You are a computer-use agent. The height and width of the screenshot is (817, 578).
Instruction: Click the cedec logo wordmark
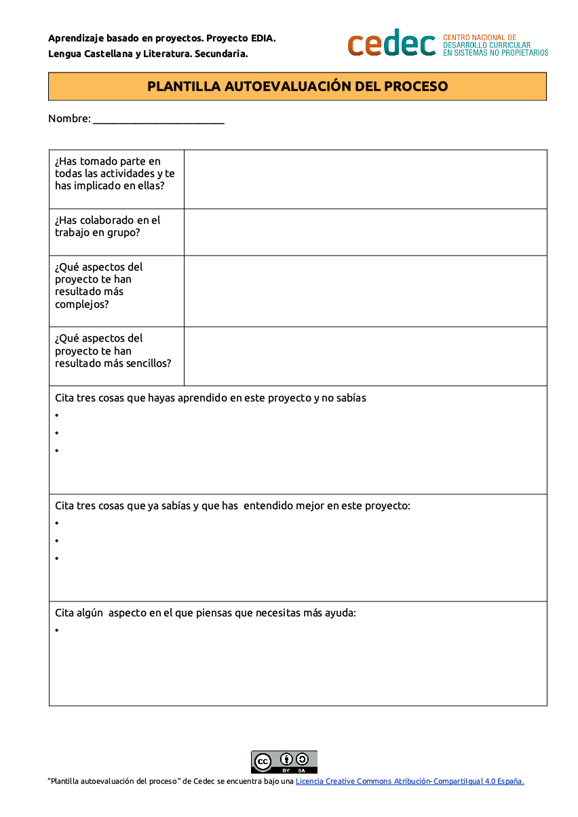[x=391, y=43]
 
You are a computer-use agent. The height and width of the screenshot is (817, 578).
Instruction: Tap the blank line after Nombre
[x=158, y=120]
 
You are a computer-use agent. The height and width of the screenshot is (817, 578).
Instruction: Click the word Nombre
[x=69, y=119]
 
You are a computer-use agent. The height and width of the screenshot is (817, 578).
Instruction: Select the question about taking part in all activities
[x=115, y=174]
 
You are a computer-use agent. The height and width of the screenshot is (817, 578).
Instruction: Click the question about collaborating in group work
[x=107, y=226]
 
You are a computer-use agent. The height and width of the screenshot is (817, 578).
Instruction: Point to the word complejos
[x=81, y=304]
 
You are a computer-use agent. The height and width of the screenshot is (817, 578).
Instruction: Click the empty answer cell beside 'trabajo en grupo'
[x=365, y=232]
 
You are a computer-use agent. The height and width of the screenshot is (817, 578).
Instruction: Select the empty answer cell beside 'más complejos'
[x=365, y=291]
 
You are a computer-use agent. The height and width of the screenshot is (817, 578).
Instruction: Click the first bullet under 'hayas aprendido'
[x=57, y=416]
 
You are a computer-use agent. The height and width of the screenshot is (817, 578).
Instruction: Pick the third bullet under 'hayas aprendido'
[x=57, y=451]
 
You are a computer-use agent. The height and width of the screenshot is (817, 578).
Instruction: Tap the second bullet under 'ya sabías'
[x=57, y=541]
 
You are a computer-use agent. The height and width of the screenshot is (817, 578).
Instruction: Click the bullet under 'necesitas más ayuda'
[x=57, y=631]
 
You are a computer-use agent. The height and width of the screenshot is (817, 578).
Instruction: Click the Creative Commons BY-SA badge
[x=284, y=761]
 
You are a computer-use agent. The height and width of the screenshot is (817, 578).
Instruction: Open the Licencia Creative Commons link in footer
[x=410, y=781]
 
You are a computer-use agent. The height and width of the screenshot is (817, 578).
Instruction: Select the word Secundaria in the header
[x=221, y=54]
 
